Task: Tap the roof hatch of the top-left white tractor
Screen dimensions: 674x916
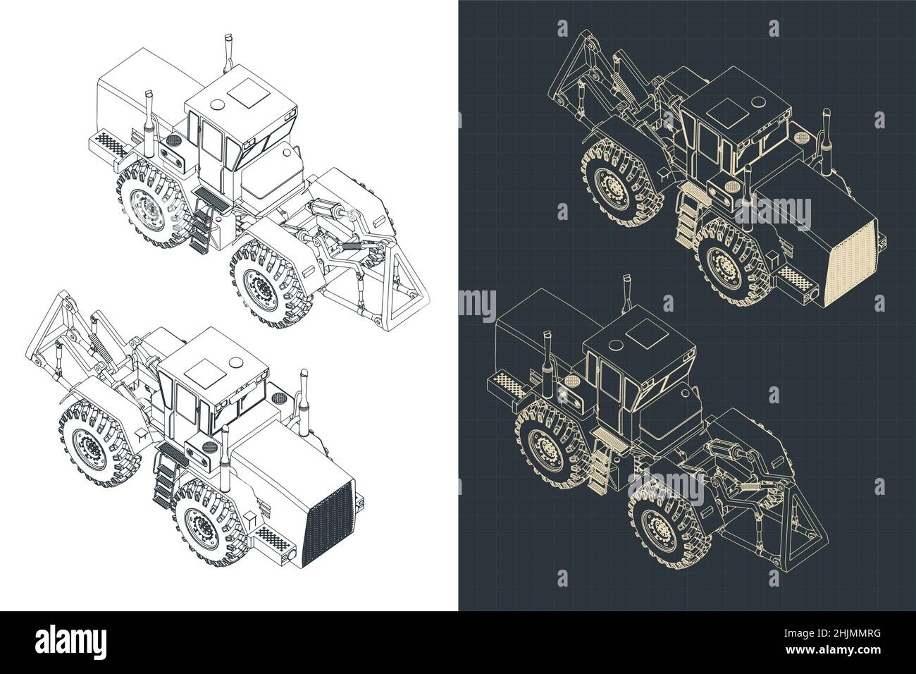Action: (x=247, y=90)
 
